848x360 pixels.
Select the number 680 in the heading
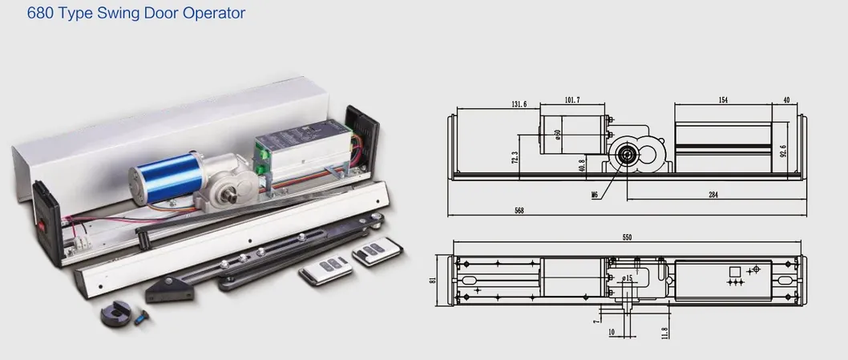click(40, 14)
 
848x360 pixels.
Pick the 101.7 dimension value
click(571, 100)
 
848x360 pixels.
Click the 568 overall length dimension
click(519, 211)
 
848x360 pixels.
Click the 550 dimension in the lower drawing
click(626, 238)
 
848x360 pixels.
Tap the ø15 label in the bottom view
click(626, 278)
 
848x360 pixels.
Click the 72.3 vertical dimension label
click(515, 158)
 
